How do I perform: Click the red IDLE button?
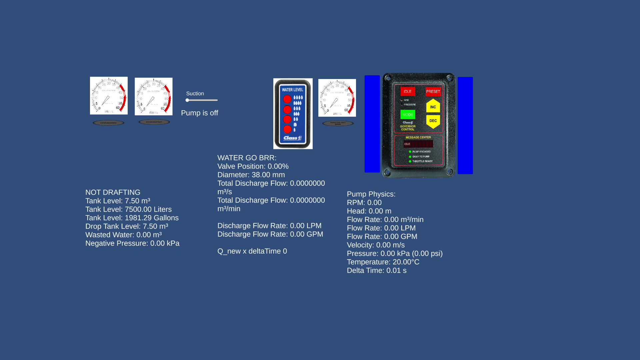pyautogui.click(x=407, y=91)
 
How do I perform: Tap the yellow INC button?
pyautogui.click(x=433, y=107)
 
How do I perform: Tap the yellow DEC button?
pyautogui.click(x=433, y=121)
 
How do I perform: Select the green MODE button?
pyautogui.click(x=407, y=115)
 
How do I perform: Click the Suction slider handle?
pyautogui.click(x=187, y=100)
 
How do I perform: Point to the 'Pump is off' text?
pyautogui.click(x=199, y=113)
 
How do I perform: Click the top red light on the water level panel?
pyautogui.click(x=287, y=99)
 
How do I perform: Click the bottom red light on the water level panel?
pyautogui.click(x=287, y=129)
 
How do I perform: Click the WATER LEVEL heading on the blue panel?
pyautogui.click(x=292, y=90)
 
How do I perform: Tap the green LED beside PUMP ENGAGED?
pyautogui.click(x=410, y=152)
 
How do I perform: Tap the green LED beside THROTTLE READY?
pyautogui.click(x=410, y=161)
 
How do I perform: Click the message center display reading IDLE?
pyautogui.click(x=418, y=144)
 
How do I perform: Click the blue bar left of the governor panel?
pyautogui.click(x=372, y=124)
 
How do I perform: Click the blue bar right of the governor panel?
pyautogui.click(x=465, y=125)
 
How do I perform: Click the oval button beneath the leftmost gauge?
pyautogui.click(x=108, y=123)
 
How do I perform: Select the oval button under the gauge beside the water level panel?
pyautogui.click(x=338, y=123)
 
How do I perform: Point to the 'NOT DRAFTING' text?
pyautogui.click(x=113, y=192)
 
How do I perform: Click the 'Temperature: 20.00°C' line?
pyautogui.click(x=383, y=262)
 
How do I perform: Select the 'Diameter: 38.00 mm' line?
pyautogui.click(x=251, y=175)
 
